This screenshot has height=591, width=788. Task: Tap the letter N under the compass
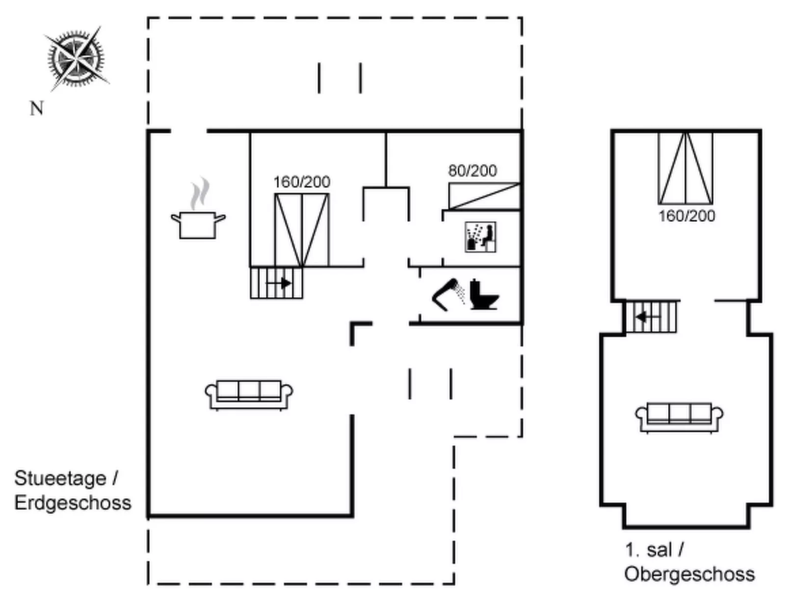tap(37, 108)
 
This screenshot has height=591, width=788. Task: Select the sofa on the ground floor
tap(249, 394)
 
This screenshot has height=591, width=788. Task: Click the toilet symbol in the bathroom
tap(483, 295)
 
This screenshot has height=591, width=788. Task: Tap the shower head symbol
tap(449, 294)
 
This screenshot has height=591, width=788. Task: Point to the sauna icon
tap(480, 237)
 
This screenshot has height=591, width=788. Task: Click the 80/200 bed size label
tap(473, 171)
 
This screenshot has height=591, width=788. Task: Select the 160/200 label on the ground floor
tap(301, 182)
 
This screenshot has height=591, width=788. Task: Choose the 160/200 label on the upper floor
tap(686, 216)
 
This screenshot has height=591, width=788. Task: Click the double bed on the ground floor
tap(301, 230)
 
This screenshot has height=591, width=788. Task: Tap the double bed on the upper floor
tap(685, 168)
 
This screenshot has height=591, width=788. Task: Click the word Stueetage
tap(60, 478)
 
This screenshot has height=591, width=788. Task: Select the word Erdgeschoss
tap(73, 503)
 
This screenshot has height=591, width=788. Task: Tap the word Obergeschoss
tap(689, 574)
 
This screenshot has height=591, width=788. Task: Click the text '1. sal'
tap(648, 550)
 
